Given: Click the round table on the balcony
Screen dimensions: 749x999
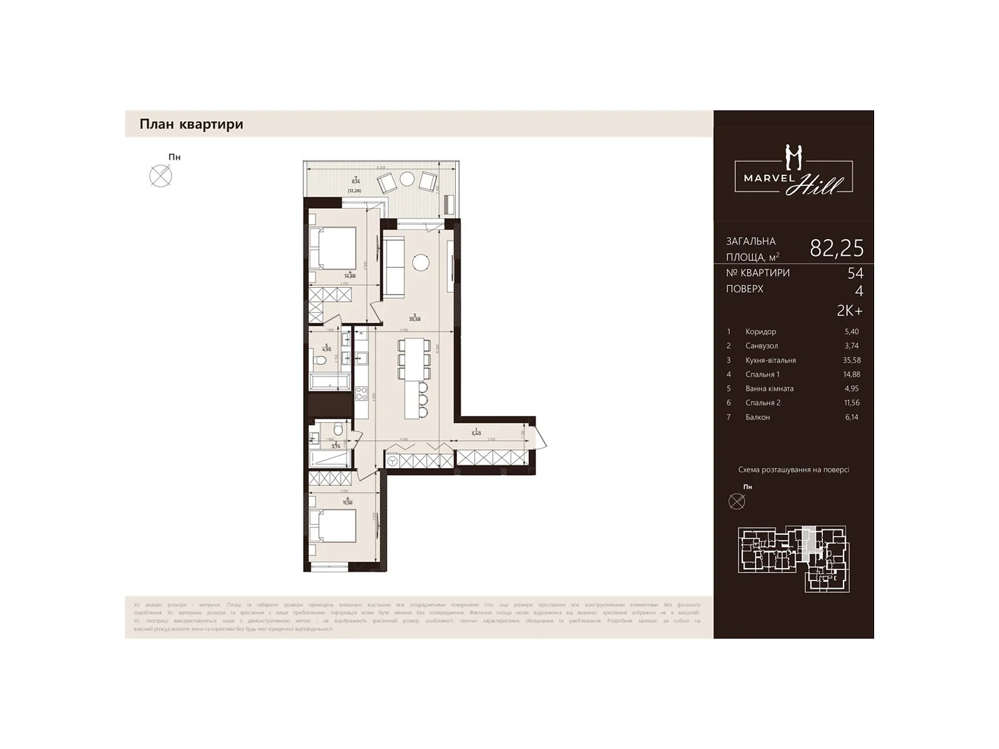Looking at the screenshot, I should (x=407, y=179).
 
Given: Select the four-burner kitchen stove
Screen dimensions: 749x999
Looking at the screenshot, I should (x=362, y=393).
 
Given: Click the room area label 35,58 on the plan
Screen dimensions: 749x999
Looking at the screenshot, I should (x=415, y=318).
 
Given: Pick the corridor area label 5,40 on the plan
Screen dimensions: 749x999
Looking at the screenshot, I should (x=476, y=433).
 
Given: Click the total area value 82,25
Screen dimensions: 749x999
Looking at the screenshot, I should (x=836, y=248).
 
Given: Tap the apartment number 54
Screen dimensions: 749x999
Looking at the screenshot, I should (x=855, y=273).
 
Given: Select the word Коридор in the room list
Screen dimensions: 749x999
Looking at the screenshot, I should (x=760, y=331).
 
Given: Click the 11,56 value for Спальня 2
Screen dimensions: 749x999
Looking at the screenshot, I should (x=851, y=403).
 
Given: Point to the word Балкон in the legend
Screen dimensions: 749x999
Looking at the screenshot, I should (x=757, y=417).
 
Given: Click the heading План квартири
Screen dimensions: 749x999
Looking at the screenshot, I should (x=191, y=124).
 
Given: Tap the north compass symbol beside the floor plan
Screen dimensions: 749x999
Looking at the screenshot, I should (x=161, y=176).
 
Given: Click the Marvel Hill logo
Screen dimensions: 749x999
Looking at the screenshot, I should (x=794, y=171).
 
